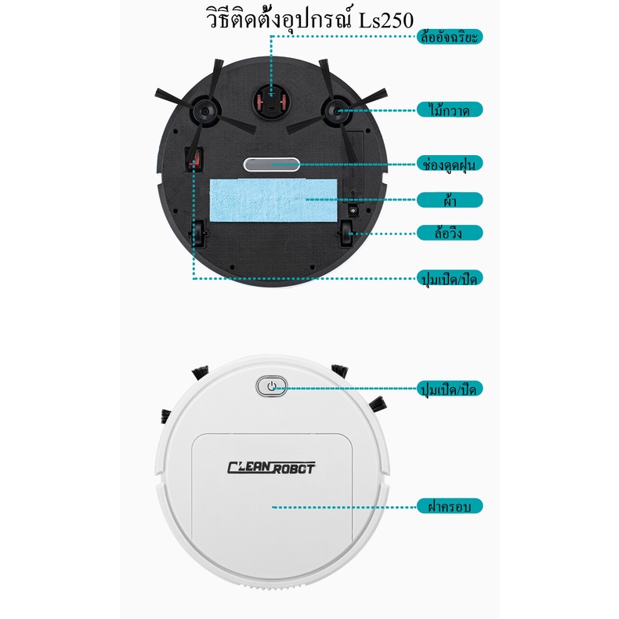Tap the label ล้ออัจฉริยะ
pos(449,36)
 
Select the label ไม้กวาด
pos(449,109)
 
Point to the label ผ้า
pos(449,200)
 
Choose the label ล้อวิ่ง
pos(449,233)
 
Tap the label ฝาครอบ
pos(449,505)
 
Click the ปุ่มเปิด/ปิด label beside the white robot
pos(449,389)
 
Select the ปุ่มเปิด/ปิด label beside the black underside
pos(449,277)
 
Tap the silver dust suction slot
pos(271,165)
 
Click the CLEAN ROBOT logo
pos(271,468)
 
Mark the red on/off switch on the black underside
pos(193,159)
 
